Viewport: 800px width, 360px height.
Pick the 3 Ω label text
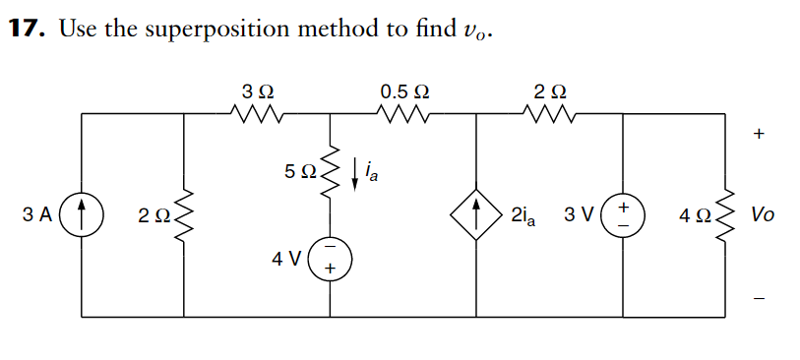coord(258,91)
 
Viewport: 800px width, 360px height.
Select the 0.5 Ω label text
coord(403,91)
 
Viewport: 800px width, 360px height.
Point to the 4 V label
coord(285,259)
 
